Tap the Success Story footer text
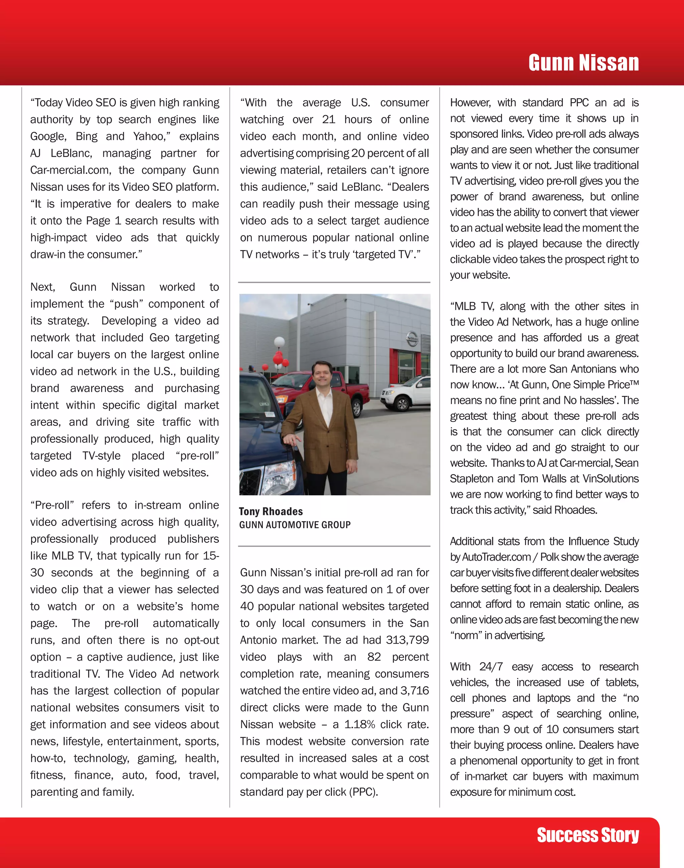point(587,835)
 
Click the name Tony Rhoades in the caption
point(271,512)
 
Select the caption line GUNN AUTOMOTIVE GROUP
point(295,525)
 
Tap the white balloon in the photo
point(279,342)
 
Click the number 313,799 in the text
point(407,640)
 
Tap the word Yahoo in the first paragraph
point(149,136)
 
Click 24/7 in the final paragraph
point(491,667)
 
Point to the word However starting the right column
point(470,103)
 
